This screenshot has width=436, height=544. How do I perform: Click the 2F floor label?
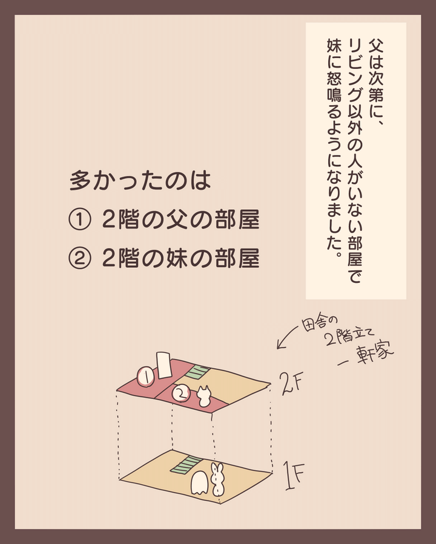[292, 383]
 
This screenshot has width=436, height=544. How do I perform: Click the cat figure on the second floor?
[204, 397]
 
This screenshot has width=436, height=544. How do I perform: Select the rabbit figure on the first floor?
[217, 479]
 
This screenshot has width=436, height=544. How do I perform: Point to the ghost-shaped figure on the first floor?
[200, 482]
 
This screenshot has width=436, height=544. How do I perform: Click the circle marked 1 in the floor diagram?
[146, 377]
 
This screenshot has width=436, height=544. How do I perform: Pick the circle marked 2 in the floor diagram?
[181, 393]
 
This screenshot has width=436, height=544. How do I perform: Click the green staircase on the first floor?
[186, 465]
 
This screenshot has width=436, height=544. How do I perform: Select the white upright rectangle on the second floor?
[163, 365]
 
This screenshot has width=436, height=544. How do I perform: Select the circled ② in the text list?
[80, 259]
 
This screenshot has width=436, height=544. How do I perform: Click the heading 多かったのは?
[140, 181]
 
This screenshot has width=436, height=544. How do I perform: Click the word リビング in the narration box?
[355, 66]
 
